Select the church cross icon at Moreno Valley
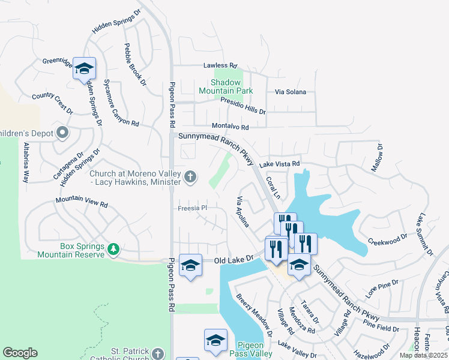(x=190, y=176)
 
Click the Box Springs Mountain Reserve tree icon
(x=113, y=248)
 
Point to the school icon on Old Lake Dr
(x=190, y=265)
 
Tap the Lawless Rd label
(x=220, y=65)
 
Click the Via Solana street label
(x=291, y=92)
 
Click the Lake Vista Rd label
(x=279, y=163)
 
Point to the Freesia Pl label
(x=193, y=208)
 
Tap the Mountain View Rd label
(x=82, y=202)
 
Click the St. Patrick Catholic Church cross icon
(x=158, y=354)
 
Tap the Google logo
(x=20, y=353)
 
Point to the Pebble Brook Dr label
(x=135, y=65)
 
